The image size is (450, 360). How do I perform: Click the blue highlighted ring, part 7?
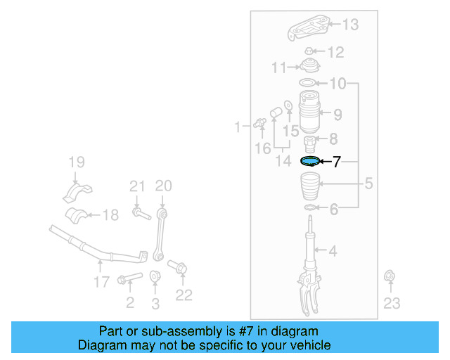(309, 161)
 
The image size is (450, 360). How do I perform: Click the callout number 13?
(350, 25)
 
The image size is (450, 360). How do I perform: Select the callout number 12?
(335, 52)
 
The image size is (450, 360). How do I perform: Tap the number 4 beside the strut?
(333, 250)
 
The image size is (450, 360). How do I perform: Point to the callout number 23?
(392, 303)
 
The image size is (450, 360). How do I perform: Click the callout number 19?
(75, 165)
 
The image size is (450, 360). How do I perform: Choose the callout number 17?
(101, 282)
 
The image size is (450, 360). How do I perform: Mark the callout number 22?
(184, 295)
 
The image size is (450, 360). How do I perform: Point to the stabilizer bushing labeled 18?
(79, 215)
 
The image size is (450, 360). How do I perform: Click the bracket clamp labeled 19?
(75, 192)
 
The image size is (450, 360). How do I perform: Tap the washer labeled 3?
(155, 276)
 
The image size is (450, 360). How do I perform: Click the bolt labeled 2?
(129, 280)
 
